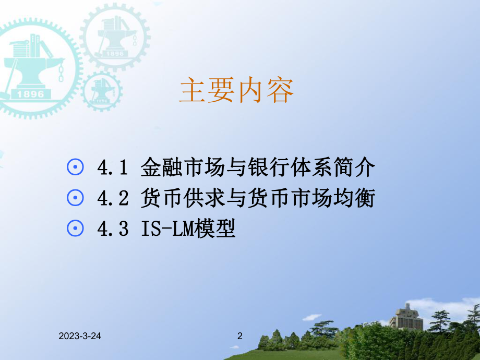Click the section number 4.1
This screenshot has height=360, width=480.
[112, 168]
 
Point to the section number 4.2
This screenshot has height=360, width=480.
[112, 198]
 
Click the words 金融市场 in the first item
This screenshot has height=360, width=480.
[174, 168]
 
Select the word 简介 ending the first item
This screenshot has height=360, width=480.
[357, 168]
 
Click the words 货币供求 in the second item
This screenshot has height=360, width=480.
[174, 198]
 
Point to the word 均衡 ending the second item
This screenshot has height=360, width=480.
[357, 198]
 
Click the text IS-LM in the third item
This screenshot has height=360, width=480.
[167, 229]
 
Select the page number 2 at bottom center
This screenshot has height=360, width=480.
[240, 337]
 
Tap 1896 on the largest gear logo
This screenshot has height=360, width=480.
[30, 94]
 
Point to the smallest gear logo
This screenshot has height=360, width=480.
[102, 91]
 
